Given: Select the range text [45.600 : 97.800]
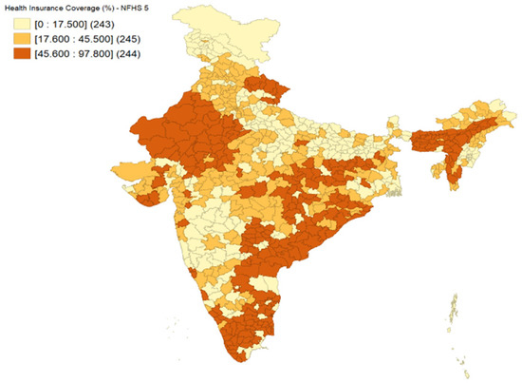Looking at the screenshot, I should coord(69,53).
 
